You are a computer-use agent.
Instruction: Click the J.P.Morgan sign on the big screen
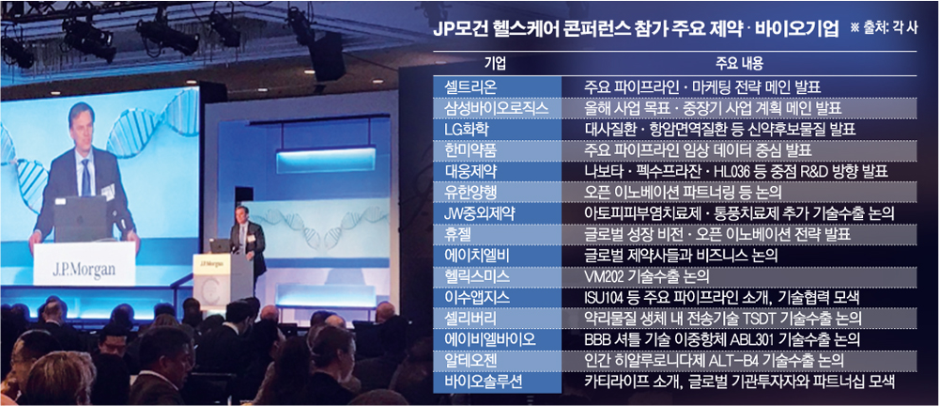coord(84,269)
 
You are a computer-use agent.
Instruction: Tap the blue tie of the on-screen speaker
coord(85,178)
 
